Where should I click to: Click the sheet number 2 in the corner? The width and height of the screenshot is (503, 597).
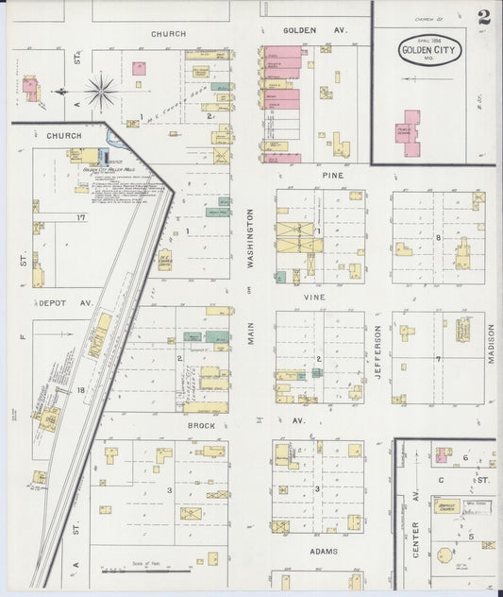(x=483, y=17)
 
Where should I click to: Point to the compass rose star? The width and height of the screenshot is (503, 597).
(x=101, y=92)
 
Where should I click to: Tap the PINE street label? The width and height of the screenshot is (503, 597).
(x=331, y=176)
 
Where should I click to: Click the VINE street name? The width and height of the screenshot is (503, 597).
(x=313, y=297)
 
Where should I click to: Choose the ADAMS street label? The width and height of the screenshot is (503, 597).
(x=324, y=551)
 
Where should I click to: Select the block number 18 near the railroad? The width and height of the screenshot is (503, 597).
(x=81, y=389)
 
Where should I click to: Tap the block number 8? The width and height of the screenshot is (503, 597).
(x=438, y=237)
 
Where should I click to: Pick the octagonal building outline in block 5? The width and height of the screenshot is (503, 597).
(x=488, y=545)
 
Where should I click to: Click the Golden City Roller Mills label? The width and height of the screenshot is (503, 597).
(x=105, y=170)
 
